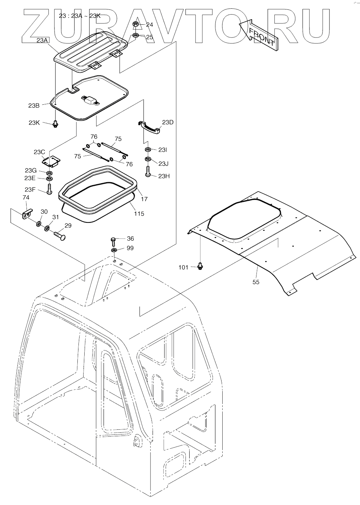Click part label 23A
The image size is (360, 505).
42,41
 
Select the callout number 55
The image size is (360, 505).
256,282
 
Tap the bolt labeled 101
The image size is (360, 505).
200,266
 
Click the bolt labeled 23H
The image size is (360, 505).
148,172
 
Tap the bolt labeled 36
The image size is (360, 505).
114,241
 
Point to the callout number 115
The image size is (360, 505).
139,213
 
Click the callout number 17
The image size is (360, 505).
144,199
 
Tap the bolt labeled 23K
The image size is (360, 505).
56,124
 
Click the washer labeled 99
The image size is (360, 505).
114,251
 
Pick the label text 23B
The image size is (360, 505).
34,106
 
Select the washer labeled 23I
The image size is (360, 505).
148,150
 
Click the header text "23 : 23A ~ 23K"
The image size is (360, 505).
80,16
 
